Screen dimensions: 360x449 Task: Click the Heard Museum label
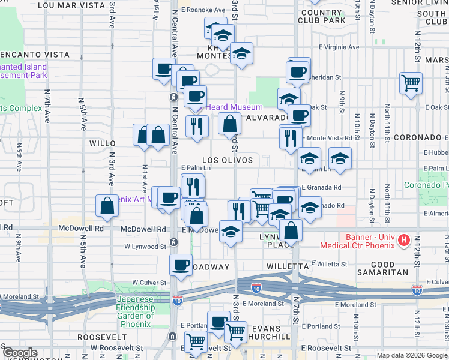(226, 107)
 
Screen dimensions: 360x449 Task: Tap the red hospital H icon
(405, 241)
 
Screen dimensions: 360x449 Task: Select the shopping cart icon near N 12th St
(411, 83)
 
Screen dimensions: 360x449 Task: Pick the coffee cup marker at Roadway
(181, 264)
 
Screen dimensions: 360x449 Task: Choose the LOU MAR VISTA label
(71, 5)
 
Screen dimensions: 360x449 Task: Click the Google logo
(20, 353)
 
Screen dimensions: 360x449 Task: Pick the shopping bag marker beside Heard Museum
(229, 124)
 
